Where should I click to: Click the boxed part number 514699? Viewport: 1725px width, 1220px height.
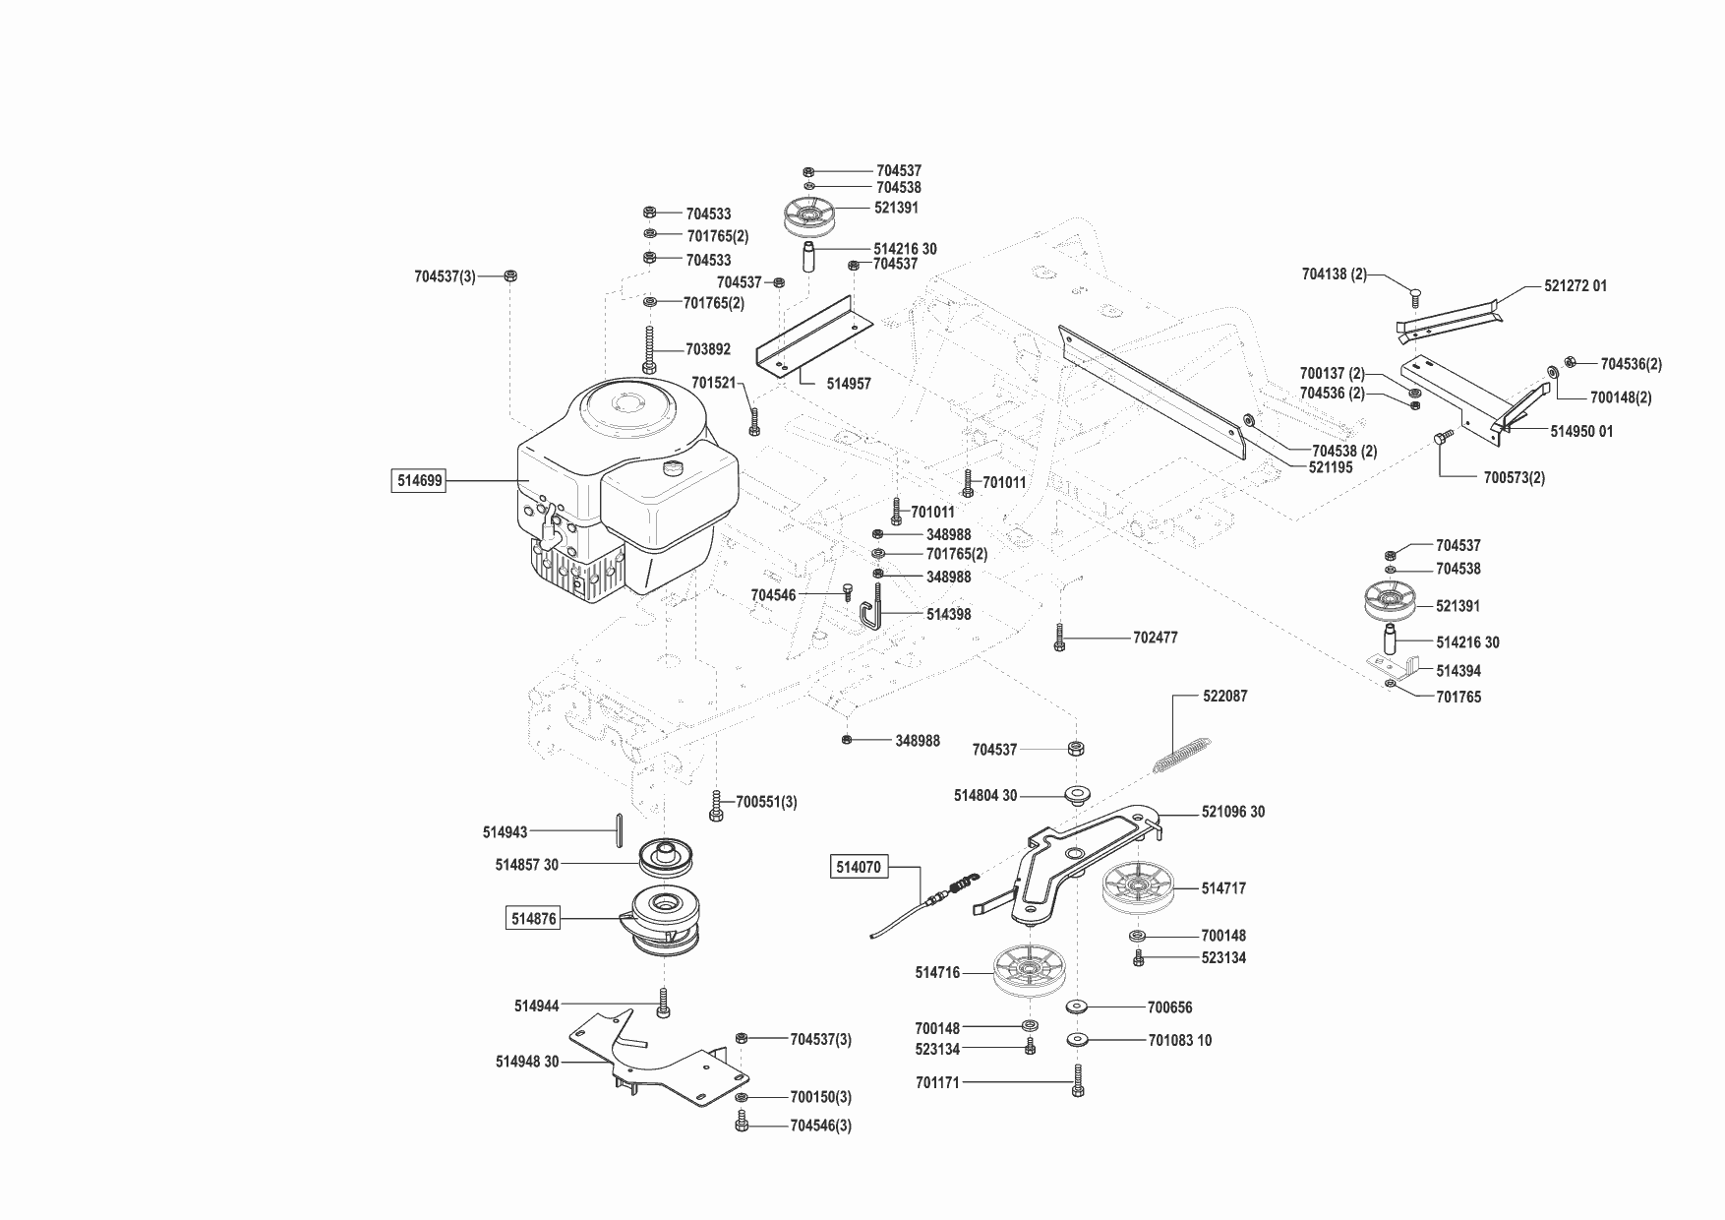click(418, 481)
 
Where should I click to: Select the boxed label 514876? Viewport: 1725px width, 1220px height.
click(533, 919)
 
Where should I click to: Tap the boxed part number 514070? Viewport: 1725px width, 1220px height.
click(860, 867)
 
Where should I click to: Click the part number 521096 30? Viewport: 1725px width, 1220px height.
click(1233, 812)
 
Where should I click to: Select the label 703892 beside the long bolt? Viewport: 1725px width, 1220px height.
click(708, 349)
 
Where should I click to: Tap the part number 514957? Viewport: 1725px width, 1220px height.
click(849, 384)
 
